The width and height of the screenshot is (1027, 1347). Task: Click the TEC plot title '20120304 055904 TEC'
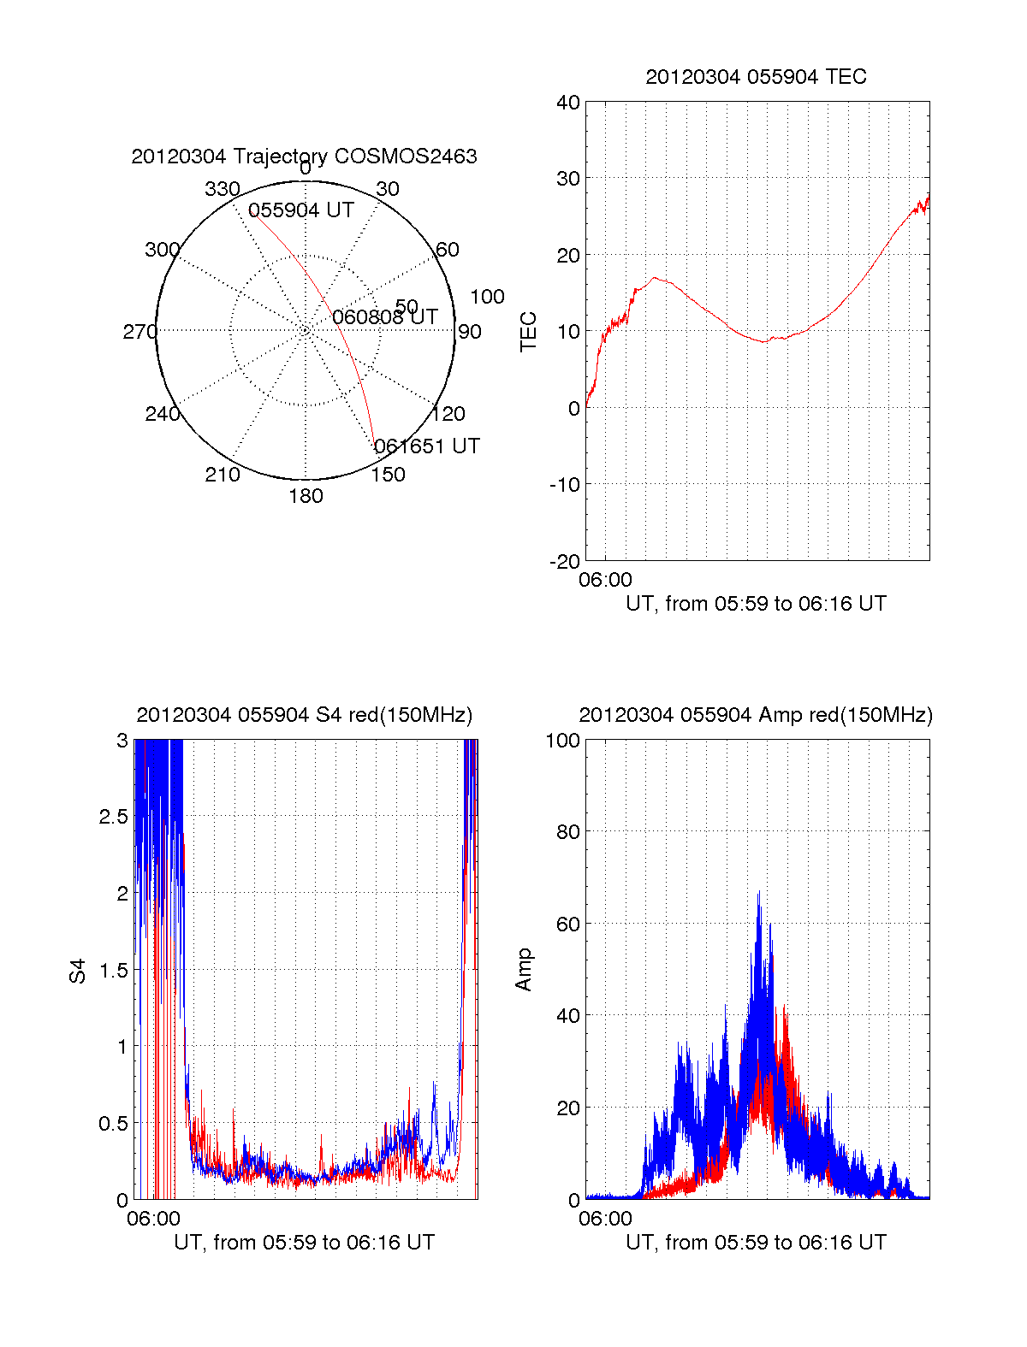756,77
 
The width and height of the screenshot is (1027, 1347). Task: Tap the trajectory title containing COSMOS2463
304,157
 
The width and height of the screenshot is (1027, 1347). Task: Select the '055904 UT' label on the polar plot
301,210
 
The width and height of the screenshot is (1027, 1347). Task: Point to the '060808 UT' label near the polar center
385,317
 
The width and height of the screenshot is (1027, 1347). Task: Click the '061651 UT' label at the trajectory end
427,446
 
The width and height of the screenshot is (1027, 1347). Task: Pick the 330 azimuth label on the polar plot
222,189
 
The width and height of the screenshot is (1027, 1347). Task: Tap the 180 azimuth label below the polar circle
306,496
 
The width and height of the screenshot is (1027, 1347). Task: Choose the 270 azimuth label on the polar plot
140,332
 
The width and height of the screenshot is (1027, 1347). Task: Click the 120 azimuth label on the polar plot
448,414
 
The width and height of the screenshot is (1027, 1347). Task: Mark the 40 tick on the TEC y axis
568,103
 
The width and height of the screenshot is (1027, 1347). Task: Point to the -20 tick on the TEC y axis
565,561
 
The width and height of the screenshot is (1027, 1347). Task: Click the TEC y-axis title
529,332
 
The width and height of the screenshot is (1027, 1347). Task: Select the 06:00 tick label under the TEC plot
605,580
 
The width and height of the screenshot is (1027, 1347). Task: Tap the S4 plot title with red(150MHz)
304,715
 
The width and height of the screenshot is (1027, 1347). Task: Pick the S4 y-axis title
78,971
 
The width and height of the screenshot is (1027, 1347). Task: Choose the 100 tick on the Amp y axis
563,741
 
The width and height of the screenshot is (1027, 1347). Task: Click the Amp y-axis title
524,969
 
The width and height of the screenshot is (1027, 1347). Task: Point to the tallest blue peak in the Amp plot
758,893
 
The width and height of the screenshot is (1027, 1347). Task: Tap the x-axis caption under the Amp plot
756,1243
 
